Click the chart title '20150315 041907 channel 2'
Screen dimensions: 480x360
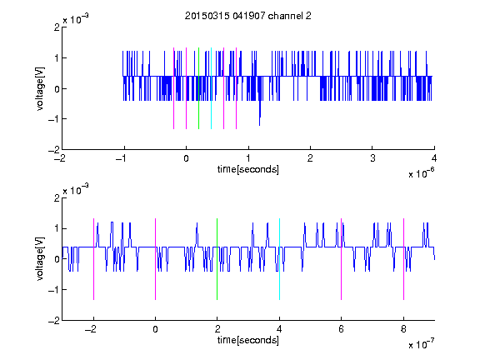click(x=248, y=16)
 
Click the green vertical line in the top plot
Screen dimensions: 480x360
click(x=198, y=88)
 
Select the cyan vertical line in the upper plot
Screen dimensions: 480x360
click(x=211, y=88)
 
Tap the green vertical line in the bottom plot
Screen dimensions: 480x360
click(x=217, y=259)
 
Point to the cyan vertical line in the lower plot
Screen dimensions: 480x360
click(x=279, y=259)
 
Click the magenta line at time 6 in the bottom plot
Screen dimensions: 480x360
click(x=342, y=259)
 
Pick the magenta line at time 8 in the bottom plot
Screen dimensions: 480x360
click(x=404, y=259)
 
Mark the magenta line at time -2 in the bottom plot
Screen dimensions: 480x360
click(x=93, y=259)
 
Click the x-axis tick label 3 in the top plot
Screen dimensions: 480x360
click(x=372, y=158)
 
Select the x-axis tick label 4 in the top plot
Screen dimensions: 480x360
click(x=434, y=158)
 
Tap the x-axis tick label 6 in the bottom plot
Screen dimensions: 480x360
click(x=342, y=329)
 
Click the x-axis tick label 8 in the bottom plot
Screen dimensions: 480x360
click(x=403, y=329)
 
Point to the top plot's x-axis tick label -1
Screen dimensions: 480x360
click(x=121, y=158)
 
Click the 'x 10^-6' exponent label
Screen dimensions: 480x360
click(x=421, y=173)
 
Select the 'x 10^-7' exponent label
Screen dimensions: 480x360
click(x=421, y=344)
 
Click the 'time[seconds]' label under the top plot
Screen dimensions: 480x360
click(x=248, y=169)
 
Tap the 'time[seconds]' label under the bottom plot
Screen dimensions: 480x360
click(x=248, y=340)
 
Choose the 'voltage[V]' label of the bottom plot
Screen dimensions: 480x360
click(x=40, y=259)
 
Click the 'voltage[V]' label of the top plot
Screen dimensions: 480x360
click(x=40, y=88)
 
